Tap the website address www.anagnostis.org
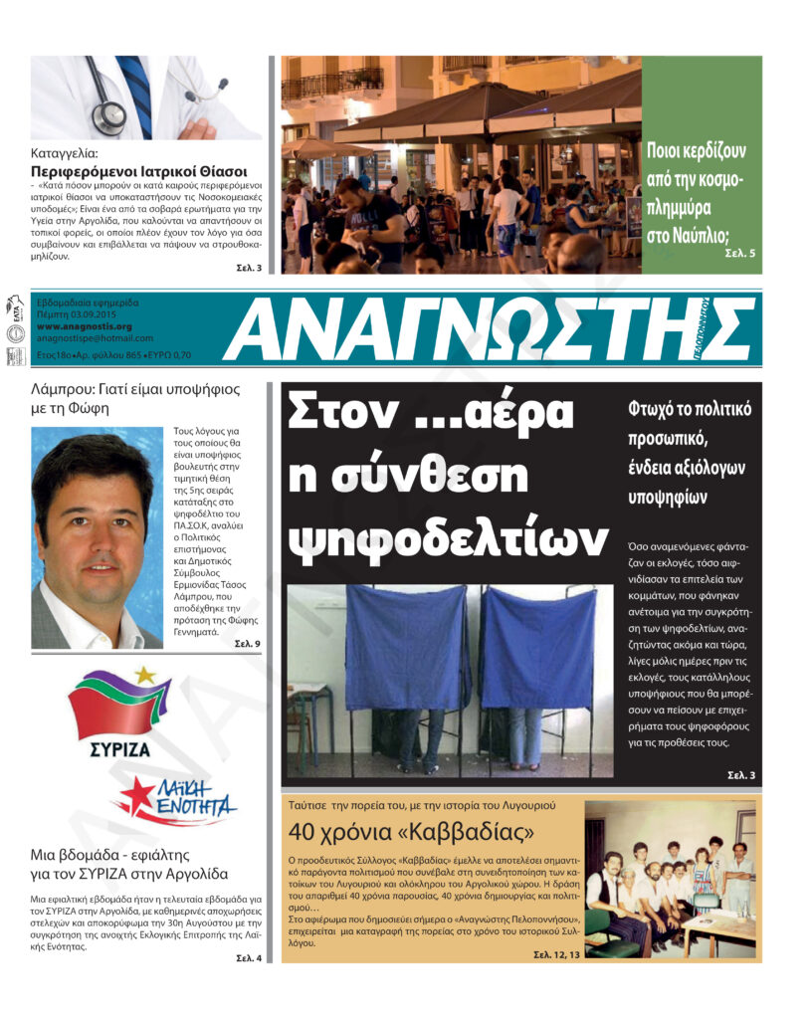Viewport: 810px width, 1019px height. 84,325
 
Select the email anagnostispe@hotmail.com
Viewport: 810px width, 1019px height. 94,338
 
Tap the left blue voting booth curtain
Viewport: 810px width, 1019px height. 407,647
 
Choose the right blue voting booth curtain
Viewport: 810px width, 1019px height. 538,647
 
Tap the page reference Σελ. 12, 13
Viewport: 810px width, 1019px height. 552,954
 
